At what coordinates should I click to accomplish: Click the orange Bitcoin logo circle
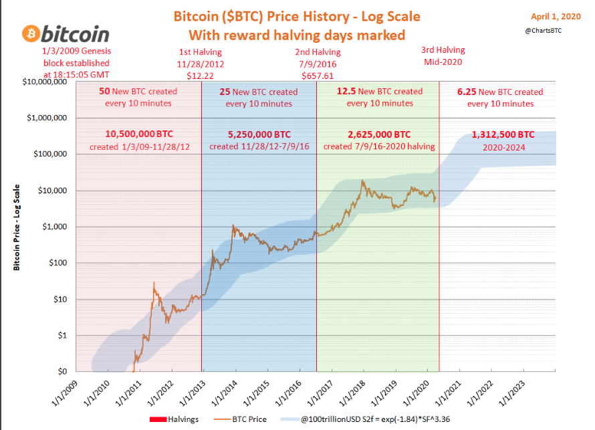point(31,33)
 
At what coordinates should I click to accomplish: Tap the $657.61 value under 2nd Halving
point(317,76)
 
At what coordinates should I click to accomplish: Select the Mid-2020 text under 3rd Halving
point(443,63)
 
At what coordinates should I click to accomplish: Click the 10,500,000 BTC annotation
point(138,134)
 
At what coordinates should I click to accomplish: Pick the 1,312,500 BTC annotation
point(500,134)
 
